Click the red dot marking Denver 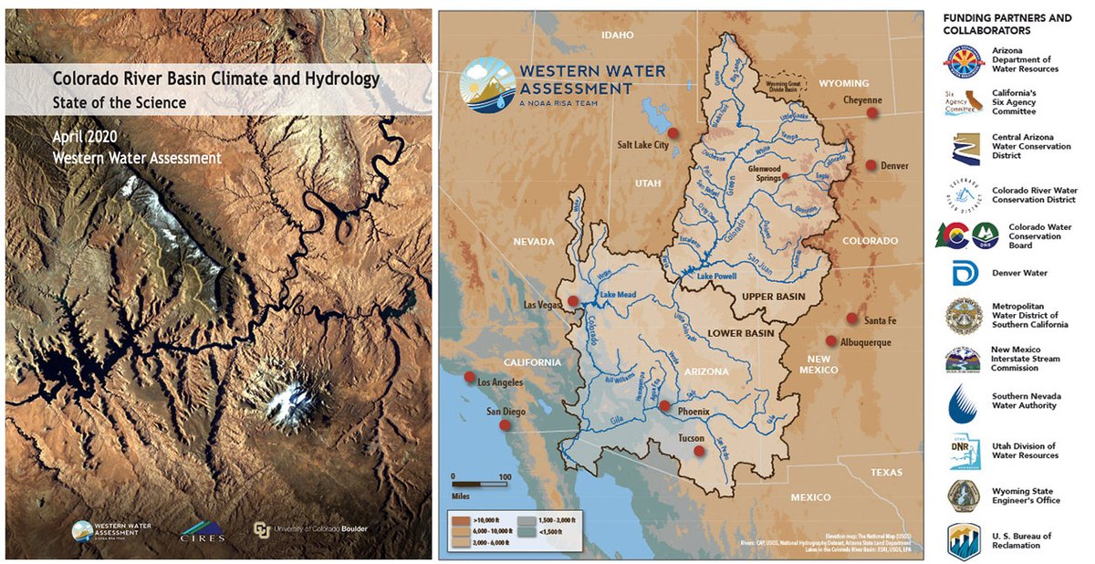point(871,165)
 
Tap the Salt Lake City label point(642,145)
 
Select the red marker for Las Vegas point(572,301)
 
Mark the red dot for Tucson point(699,451)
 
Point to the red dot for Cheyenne point(871,112)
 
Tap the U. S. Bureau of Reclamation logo point(964,540)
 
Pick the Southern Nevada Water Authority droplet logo point(964,402)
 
